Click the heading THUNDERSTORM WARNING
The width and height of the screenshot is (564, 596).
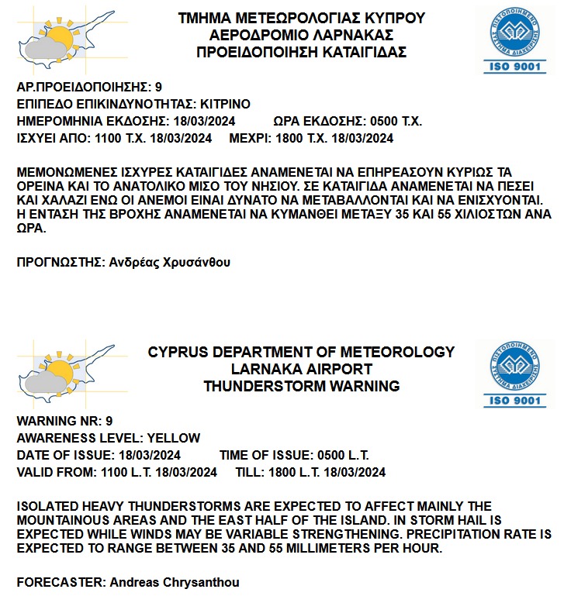[x=301, y=386]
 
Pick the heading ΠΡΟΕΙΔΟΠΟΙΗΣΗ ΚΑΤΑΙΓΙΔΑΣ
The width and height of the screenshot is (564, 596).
[x=302, y=52]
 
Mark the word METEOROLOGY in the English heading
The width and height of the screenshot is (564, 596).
[x=396, y=353]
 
